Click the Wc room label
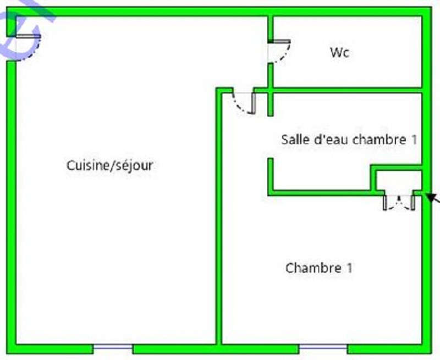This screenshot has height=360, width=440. [340, 53]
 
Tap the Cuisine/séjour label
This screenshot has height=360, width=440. [109, 165]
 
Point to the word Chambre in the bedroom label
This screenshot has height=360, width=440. [313, 268]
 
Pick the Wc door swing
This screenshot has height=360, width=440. [279, 51]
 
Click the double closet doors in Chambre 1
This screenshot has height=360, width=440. [399, 202]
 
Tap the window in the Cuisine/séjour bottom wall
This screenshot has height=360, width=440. [113, 347]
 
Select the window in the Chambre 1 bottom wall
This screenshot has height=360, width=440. [323, 347]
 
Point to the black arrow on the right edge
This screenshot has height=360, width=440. [433, 198]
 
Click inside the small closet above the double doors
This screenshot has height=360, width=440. [399, 181]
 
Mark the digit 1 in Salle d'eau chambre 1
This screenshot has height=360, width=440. [414, 140]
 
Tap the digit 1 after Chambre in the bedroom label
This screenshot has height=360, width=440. [349, 268]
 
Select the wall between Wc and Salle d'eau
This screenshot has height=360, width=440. [346, 90]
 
